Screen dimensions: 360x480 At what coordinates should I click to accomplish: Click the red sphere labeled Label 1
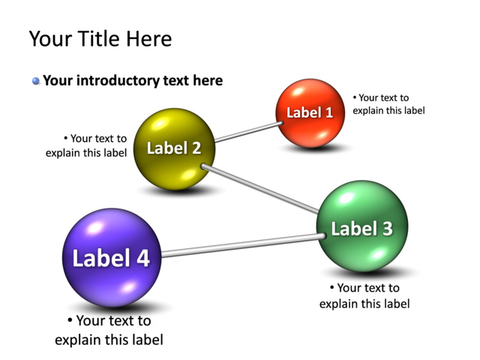tap(310, 112)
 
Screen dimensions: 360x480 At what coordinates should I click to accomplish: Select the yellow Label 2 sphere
tap(174, 148)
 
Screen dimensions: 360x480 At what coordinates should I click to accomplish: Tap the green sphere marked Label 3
tap(362, 226)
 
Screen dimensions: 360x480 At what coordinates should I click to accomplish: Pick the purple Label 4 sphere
tap(111, 257)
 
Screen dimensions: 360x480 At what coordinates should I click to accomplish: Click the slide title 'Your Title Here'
tap(100, 39)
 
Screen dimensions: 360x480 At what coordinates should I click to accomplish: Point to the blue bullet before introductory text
tap(35, 81)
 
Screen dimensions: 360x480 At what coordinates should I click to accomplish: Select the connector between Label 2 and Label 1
tap(247, 131)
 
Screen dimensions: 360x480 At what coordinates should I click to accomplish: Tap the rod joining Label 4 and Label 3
tap(240, 246)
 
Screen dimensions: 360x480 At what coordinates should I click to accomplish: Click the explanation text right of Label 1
tap(388, 104)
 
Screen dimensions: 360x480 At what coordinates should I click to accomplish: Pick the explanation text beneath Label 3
tap(364, 296)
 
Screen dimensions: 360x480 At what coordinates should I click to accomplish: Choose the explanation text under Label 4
tap(109, 331)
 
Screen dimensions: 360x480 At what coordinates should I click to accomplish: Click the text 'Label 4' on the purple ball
tap(111, 258)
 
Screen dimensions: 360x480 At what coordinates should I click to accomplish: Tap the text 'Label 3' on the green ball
tap(362, 229)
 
